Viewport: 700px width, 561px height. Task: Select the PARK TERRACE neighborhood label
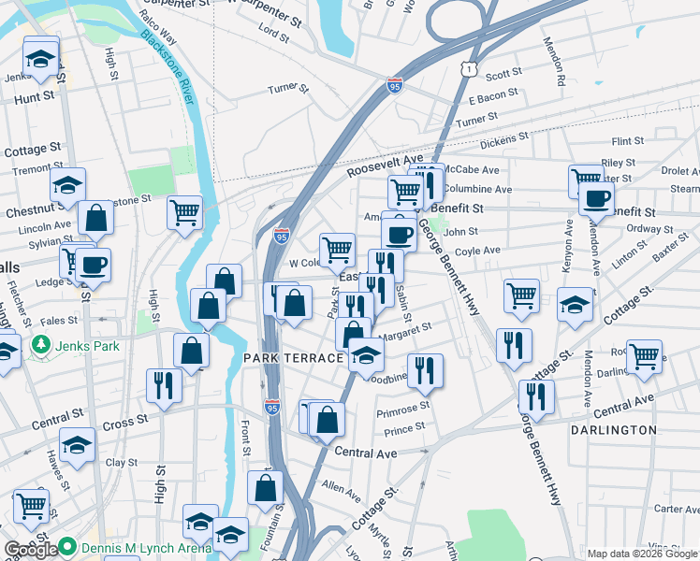(294, 359)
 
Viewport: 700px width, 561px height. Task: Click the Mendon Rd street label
(561, 67)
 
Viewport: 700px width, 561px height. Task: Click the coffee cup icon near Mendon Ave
(595, 197)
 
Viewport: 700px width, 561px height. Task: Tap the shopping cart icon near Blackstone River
(185, 212)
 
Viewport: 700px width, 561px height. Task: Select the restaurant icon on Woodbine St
(425, 370)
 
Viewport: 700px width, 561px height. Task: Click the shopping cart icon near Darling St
(644, 355)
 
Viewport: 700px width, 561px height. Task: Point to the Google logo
(31, 550)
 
